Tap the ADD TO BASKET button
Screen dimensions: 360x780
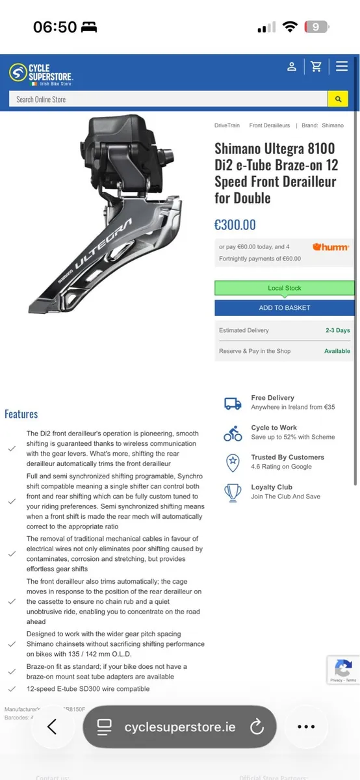[x=285, y=307]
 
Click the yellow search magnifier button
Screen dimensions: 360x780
[x=337, y=99]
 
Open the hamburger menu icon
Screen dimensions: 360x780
[x=342, y=66]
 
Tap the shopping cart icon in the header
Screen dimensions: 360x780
[x=316, y=66]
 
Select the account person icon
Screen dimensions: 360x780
[x=292, y=66]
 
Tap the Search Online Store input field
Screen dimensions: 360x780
[x=168, y=99]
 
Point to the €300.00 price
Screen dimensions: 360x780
[x=235, y=225]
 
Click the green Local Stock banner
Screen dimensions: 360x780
[x=285, y=288]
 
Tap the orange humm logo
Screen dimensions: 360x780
[x=331, y=247]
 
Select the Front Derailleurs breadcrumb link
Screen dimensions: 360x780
[x=270, y=125]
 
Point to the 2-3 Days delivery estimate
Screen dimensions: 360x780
[x=337, y=330]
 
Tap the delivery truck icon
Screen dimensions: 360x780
[x=233, y=403]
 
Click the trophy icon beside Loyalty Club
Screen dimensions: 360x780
[x=233, y=492]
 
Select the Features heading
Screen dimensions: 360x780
[x=21, y=414]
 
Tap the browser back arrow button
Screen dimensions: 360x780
[x=52, y=727]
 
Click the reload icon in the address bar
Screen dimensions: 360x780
[x=257, y=727]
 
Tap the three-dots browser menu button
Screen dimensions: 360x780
[x=306, y=727]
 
